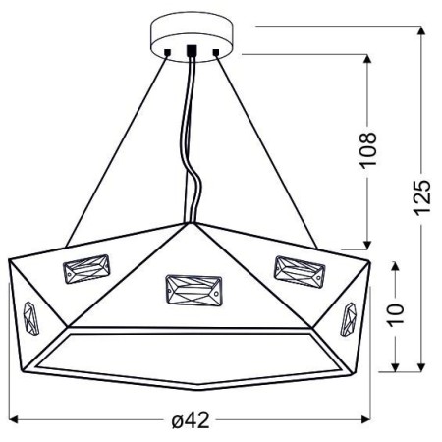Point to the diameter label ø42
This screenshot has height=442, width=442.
[x=192, y=419]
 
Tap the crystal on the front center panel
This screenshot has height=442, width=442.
[x=192, y=289]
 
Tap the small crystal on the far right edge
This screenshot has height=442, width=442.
[x=349, y=319]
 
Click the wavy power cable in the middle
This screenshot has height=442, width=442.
[x=193, y=147]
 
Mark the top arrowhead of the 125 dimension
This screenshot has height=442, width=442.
[x=421, y=30]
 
